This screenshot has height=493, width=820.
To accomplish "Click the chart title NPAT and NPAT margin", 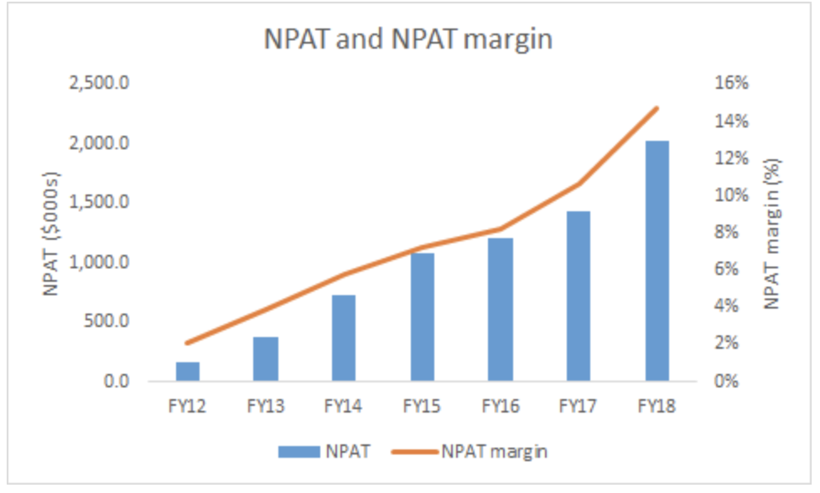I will [409, 39].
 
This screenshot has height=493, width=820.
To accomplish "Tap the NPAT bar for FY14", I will [344, 338].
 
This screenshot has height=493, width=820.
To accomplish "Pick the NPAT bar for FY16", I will [501, 309].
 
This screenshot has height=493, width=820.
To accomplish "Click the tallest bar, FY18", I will [657, 261].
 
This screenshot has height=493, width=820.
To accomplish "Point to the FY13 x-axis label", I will [265, 407].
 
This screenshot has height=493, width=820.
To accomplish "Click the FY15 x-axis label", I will [422, 407].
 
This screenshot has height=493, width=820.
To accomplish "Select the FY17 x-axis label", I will [579, 407].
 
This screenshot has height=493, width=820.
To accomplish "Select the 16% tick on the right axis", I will [729, 84].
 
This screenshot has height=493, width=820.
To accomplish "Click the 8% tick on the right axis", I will [726, 232].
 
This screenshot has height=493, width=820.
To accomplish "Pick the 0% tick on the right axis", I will [726, 381].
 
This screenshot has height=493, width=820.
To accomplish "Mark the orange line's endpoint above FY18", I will [657, 108].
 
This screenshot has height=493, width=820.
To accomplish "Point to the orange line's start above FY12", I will [187, 343].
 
